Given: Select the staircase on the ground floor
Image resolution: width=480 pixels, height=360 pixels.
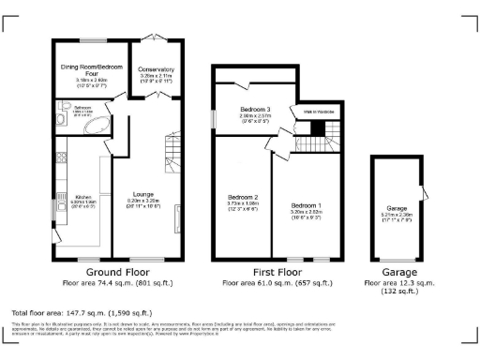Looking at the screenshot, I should click(171, 147).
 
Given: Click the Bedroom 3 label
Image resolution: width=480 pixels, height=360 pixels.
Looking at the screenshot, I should click(255, 110).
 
